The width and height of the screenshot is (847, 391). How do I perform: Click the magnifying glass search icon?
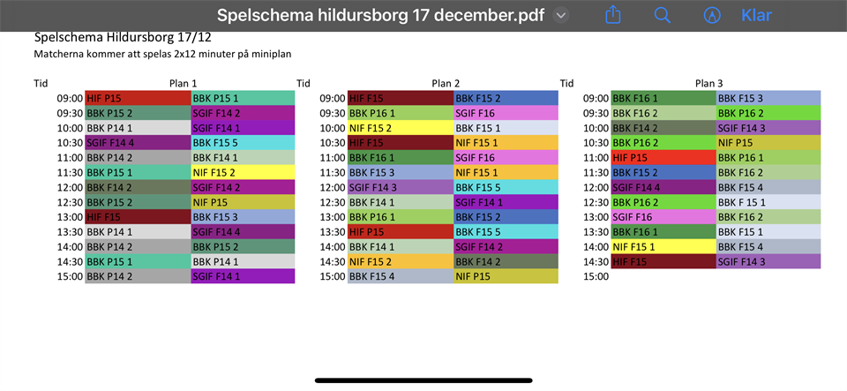(x=663, y=15)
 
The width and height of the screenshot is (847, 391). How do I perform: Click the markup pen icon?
(x=711, y=15)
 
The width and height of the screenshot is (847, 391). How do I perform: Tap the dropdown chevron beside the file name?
(x=561, y=15)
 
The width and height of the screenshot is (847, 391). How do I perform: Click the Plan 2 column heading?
(x=446, y=83)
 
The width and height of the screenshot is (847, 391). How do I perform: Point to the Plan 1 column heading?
(x=183, y=83)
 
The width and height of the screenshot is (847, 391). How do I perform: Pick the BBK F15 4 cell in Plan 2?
(x=401, y=276)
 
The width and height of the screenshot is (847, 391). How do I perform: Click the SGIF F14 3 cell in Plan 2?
(x=401, y=187)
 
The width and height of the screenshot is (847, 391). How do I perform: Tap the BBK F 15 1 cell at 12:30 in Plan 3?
(x=768, y=202)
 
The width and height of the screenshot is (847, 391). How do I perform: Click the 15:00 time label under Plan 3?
(x=596, y=276)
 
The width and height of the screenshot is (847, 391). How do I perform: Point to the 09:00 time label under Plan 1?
(x=70, y=98)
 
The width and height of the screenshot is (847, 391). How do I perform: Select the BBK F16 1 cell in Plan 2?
(x=401, y=157)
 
